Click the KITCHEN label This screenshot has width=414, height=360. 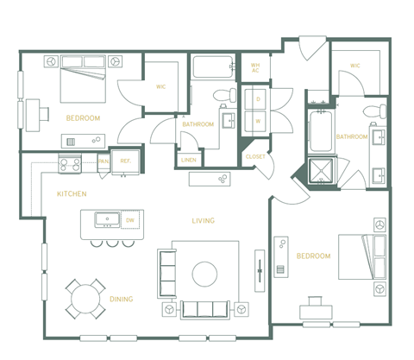[72, 194]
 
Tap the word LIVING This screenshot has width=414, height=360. [204, 221]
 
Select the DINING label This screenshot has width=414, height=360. [121, 299]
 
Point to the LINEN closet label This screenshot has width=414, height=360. [189, 160]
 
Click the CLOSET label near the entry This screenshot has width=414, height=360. [255, 156]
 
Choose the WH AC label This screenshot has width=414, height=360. [255, 67]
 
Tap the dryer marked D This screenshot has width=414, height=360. [258, 99]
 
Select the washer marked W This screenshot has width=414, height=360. [258, 121]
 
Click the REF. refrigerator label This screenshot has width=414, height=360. [125, 161]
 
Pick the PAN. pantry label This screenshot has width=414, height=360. [103, 161]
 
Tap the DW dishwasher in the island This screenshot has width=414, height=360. [129, 220]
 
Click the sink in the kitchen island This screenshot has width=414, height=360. [107, 219]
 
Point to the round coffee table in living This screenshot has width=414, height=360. [204, 274]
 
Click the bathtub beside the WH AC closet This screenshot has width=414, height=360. [212, 68]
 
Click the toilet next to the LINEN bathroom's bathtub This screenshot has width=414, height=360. [228, 94]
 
